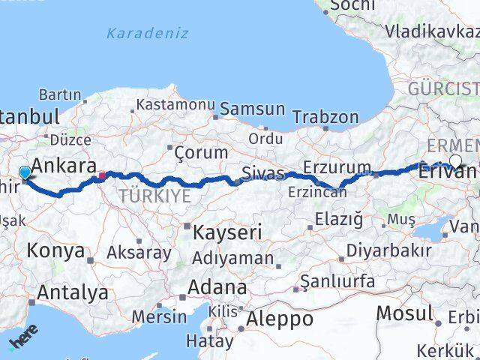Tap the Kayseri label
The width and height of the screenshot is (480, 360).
pyautogui.click(x=227, y=232)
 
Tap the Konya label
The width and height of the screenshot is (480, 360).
pyautogui.click(x=57, y=250)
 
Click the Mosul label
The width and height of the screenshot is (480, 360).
pyautogui.click(x=405, y=313)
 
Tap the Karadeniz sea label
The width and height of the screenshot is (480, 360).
pyautogui.click(x=147, y=34)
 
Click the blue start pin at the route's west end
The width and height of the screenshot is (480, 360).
pyautogui.click(x=25, y=173)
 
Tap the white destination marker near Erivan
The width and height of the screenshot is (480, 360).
pyautogui.click(x=455, y=160)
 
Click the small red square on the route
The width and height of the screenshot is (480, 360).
pyautogui.click(x=102, y=175)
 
